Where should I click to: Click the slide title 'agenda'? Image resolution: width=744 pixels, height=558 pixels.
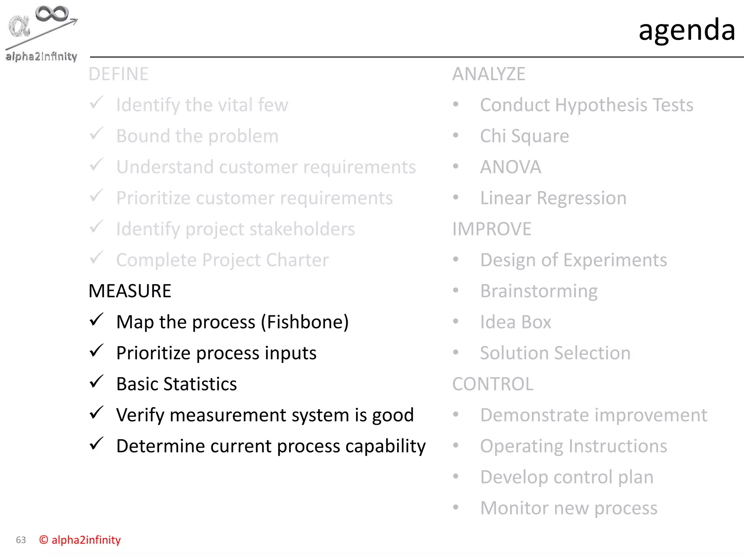click(x=687, y=30)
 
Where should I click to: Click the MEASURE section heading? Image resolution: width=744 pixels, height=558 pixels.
click(x=130, y=291)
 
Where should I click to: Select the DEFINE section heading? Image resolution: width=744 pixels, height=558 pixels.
click(x=118, y=74)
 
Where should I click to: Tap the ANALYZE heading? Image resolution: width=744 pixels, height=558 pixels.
click(x=489, y=74)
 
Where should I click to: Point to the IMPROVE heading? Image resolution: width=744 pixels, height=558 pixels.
click(x=492, y=229)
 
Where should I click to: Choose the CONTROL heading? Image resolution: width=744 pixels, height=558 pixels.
click(x=493, y=384)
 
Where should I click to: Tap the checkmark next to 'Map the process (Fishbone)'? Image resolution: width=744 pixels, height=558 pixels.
click(x=97, y=320)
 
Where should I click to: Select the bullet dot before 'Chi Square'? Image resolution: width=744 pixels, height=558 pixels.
click(x=456, y=136)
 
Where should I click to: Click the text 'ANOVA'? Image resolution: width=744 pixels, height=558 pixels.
click(x=510, y=167)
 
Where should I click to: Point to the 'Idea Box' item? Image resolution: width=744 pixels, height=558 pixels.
click(x=515, y=322)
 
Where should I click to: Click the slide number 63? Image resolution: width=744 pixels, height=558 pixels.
click(x=21, y=540)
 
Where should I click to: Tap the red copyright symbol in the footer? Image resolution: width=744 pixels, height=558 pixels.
click(x=44, y=540)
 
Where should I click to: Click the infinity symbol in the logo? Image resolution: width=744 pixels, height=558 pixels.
click(x=52, y=13)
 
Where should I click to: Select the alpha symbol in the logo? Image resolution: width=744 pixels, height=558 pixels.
click(x=19, y=27)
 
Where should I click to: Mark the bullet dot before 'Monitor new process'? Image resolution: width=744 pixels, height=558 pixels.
click(x=456, y=507)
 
